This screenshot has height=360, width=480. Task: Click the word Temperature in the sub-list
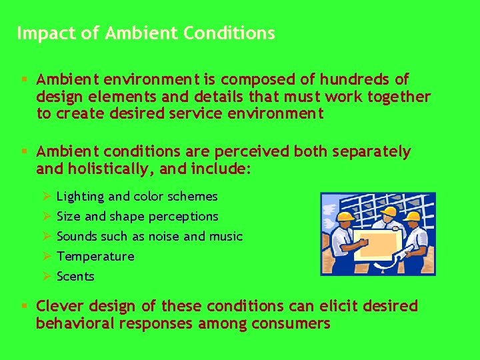click(x=95, y=257)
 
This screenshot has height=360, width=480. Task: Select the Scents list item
click(x=75, y=277)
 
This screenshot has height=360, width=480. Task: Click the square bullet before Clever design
click(x=23, y=307)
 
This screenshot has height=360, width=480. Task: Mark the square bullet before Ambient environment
click(x=23, y=79)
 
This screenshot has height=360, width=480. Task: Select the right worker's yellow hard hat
click(x=413, y=215)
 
